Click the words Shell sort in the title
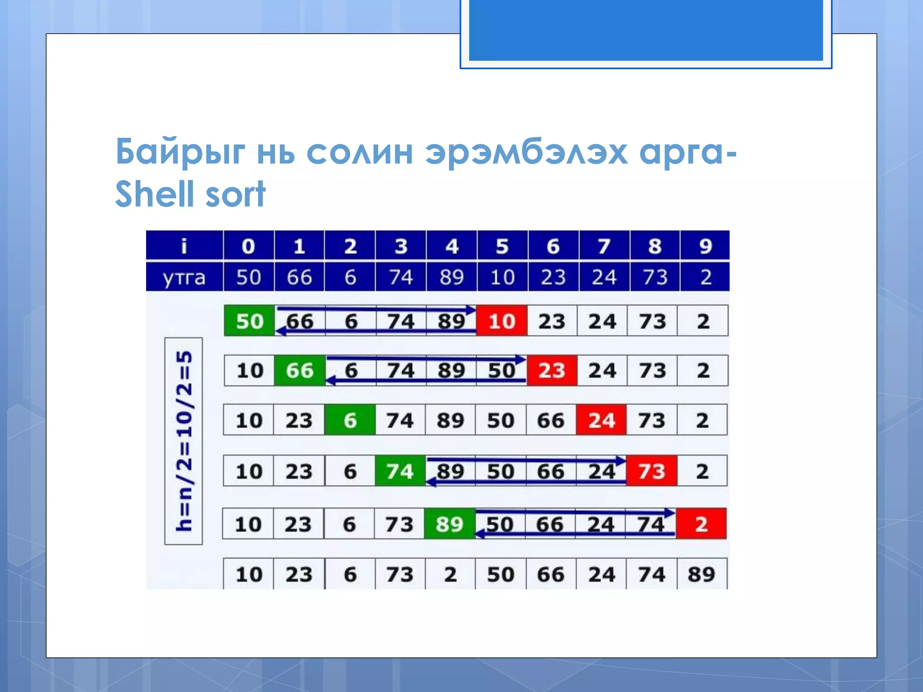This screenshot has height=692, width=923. click(190, 194)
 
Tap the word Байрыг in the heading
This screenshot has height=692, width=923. click(180, 152)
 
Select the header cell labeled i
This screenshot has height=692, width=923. click(184, 246)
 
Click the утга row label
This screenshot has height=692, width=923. click(184, 277)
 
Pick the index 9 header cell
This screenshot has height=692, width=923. click(705, 246)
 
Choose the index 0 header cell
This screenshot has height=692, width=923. click(248, 246)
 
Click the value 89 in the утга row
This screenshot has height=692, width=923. click(452, 277)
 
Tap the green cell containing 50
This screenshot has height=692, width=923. click(249, 321)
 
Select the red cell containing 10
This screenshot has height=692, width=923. click(502, 321)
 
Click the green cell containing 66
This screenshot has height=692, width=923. click(300, 370)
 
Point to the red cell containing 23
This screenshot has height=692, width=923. click(552, 370)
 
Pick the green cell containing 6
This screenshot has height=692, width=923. click(350, 420)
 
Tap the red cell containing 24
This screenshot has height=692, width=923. click(602, 420)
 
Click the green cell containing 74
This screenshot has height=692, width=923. click(400, 471)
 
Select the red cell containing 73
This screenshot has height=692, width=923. click(652, 471)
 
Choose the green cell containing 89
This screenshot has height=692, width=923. click(450, 524)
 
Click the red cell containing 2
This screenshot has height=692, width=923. click(701, 524)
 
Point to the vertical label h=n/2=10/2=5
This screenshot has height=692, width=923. click(184, 441)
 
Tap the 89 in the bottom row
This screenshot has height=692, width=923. click(701, 574)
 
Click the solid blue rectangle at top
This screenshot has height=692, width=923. click(646, 30)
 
